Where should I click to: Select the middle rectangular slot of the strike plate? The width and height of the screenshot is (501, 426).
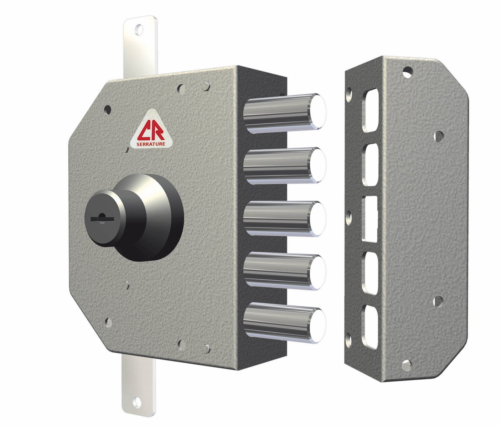click(369, 219)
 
